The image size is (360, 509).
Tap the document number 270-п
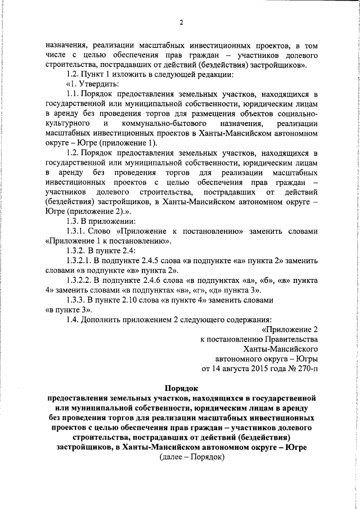pyautogui.click(x=307, y=369)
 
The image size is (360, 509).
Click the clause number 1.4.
pyautogui.click(x=73, y=319)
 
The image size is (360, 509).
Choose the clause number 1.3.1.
pyautogui.click(x=76, y=231)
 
